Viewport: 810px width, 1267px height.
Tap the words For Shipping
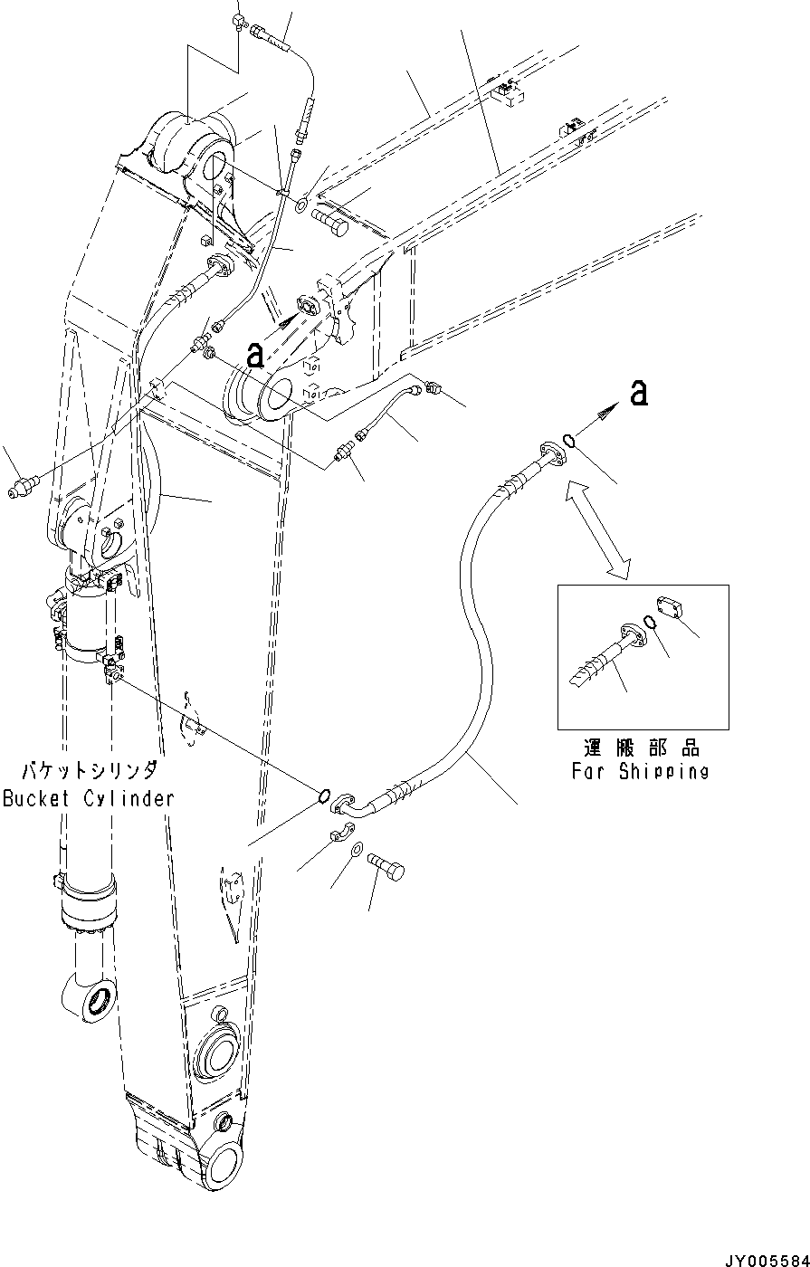(x=640, y=772)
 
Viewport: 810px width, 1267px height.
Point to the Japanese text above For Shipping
(x=641, y=749)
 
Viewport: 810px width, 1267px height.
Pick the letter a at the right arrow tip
(x=639, y=392)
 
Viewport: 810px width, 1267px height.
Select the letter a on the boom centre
(x=256, y=354)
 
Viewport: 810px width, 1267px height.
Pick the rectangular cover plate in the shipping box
(x=671, y=608)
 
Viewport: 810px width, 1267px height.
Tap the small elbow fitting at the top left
(x=239, y=19)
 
